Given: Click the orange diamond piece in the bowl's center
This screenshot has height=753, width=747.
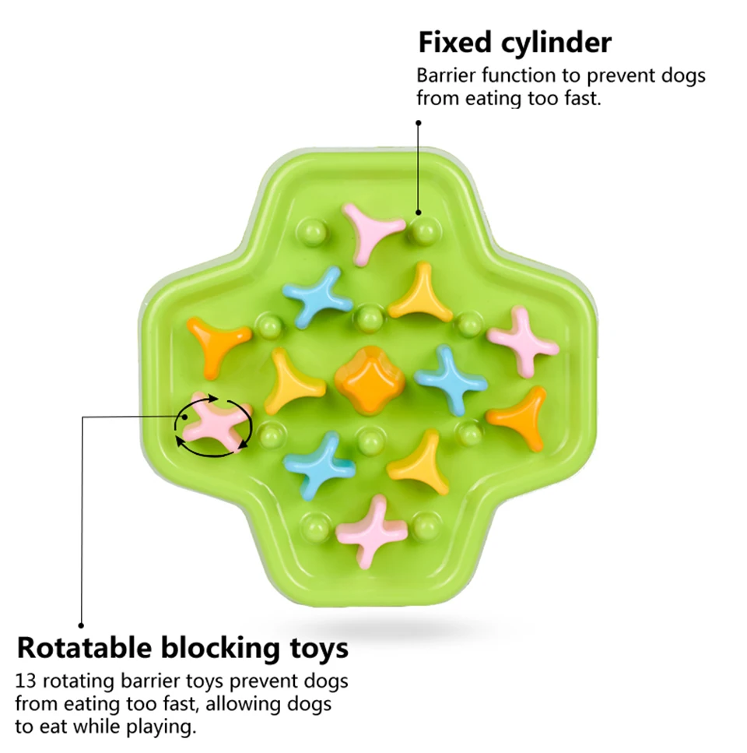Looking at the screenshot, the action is tap(369, 380).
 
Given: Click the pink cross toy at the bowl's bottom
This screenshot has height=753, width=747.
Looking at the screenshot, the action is tap(371, 531).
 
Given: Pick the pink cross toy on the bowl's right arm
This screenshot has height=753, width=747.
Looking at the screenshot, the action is tap(523, 340).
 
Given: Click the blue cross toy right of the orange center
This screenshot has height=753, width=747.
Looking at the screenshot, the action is tap(450, 380).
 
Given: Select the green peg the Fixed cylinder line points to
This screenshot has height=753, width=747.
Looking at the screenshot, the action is tap(425, 231).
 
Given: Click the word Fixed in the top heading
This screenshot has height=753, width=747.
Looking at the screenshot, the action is tap(455, 42).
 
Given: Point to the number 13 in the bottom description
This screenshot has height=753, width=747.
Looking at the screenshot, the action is tap(25, 681).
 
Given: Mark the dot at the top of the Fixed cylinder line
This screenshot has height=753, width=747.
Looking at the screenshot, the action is tap(419, 123).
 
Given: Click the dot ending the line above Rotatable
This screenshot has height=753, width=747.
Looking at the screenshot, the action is tap(81, 625).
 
